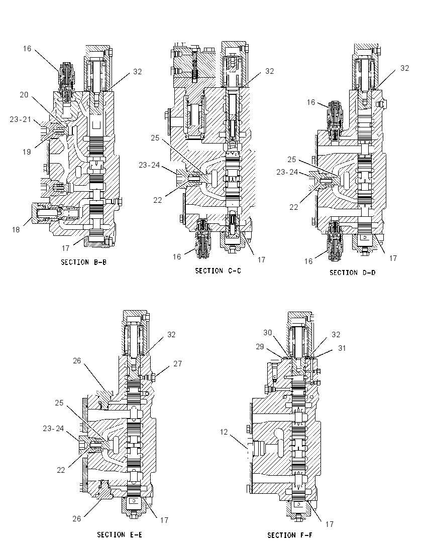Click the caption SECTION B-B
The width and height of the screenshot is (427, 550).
(83, 262)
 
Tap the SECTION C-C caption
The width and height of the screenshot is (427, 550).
(218, 271)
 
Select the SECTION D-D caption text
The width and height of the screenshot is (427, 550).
(352, 272)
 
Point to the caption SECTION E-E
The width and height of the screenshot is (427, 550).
(120, 535)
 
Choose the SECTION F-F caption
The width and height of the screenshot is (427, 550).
(290, 535)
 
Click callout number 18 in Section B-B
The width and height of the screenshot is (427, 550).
(16, 230)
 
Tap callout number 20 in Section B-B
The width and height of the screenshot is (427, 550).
(24, 95)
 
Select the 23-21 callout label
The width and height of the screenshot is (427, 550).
(21, 119)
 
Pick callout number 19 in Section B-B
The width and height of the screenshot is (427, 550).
(27, 152)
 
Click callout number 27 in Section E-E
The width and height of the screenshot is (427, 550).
(178, 364)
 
